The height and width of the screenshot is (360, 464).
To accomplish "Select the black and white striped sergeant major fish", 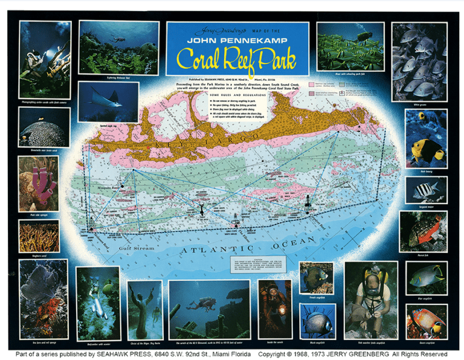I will click(x=425, y=191).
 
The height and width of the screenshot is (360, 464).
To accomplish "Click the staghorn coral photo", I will click(x=39, y=236).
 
